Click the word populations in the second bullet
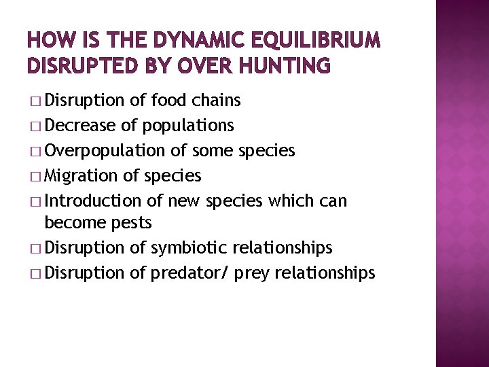[x=189, y=126]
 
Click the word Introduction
[x=90, y=200]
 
